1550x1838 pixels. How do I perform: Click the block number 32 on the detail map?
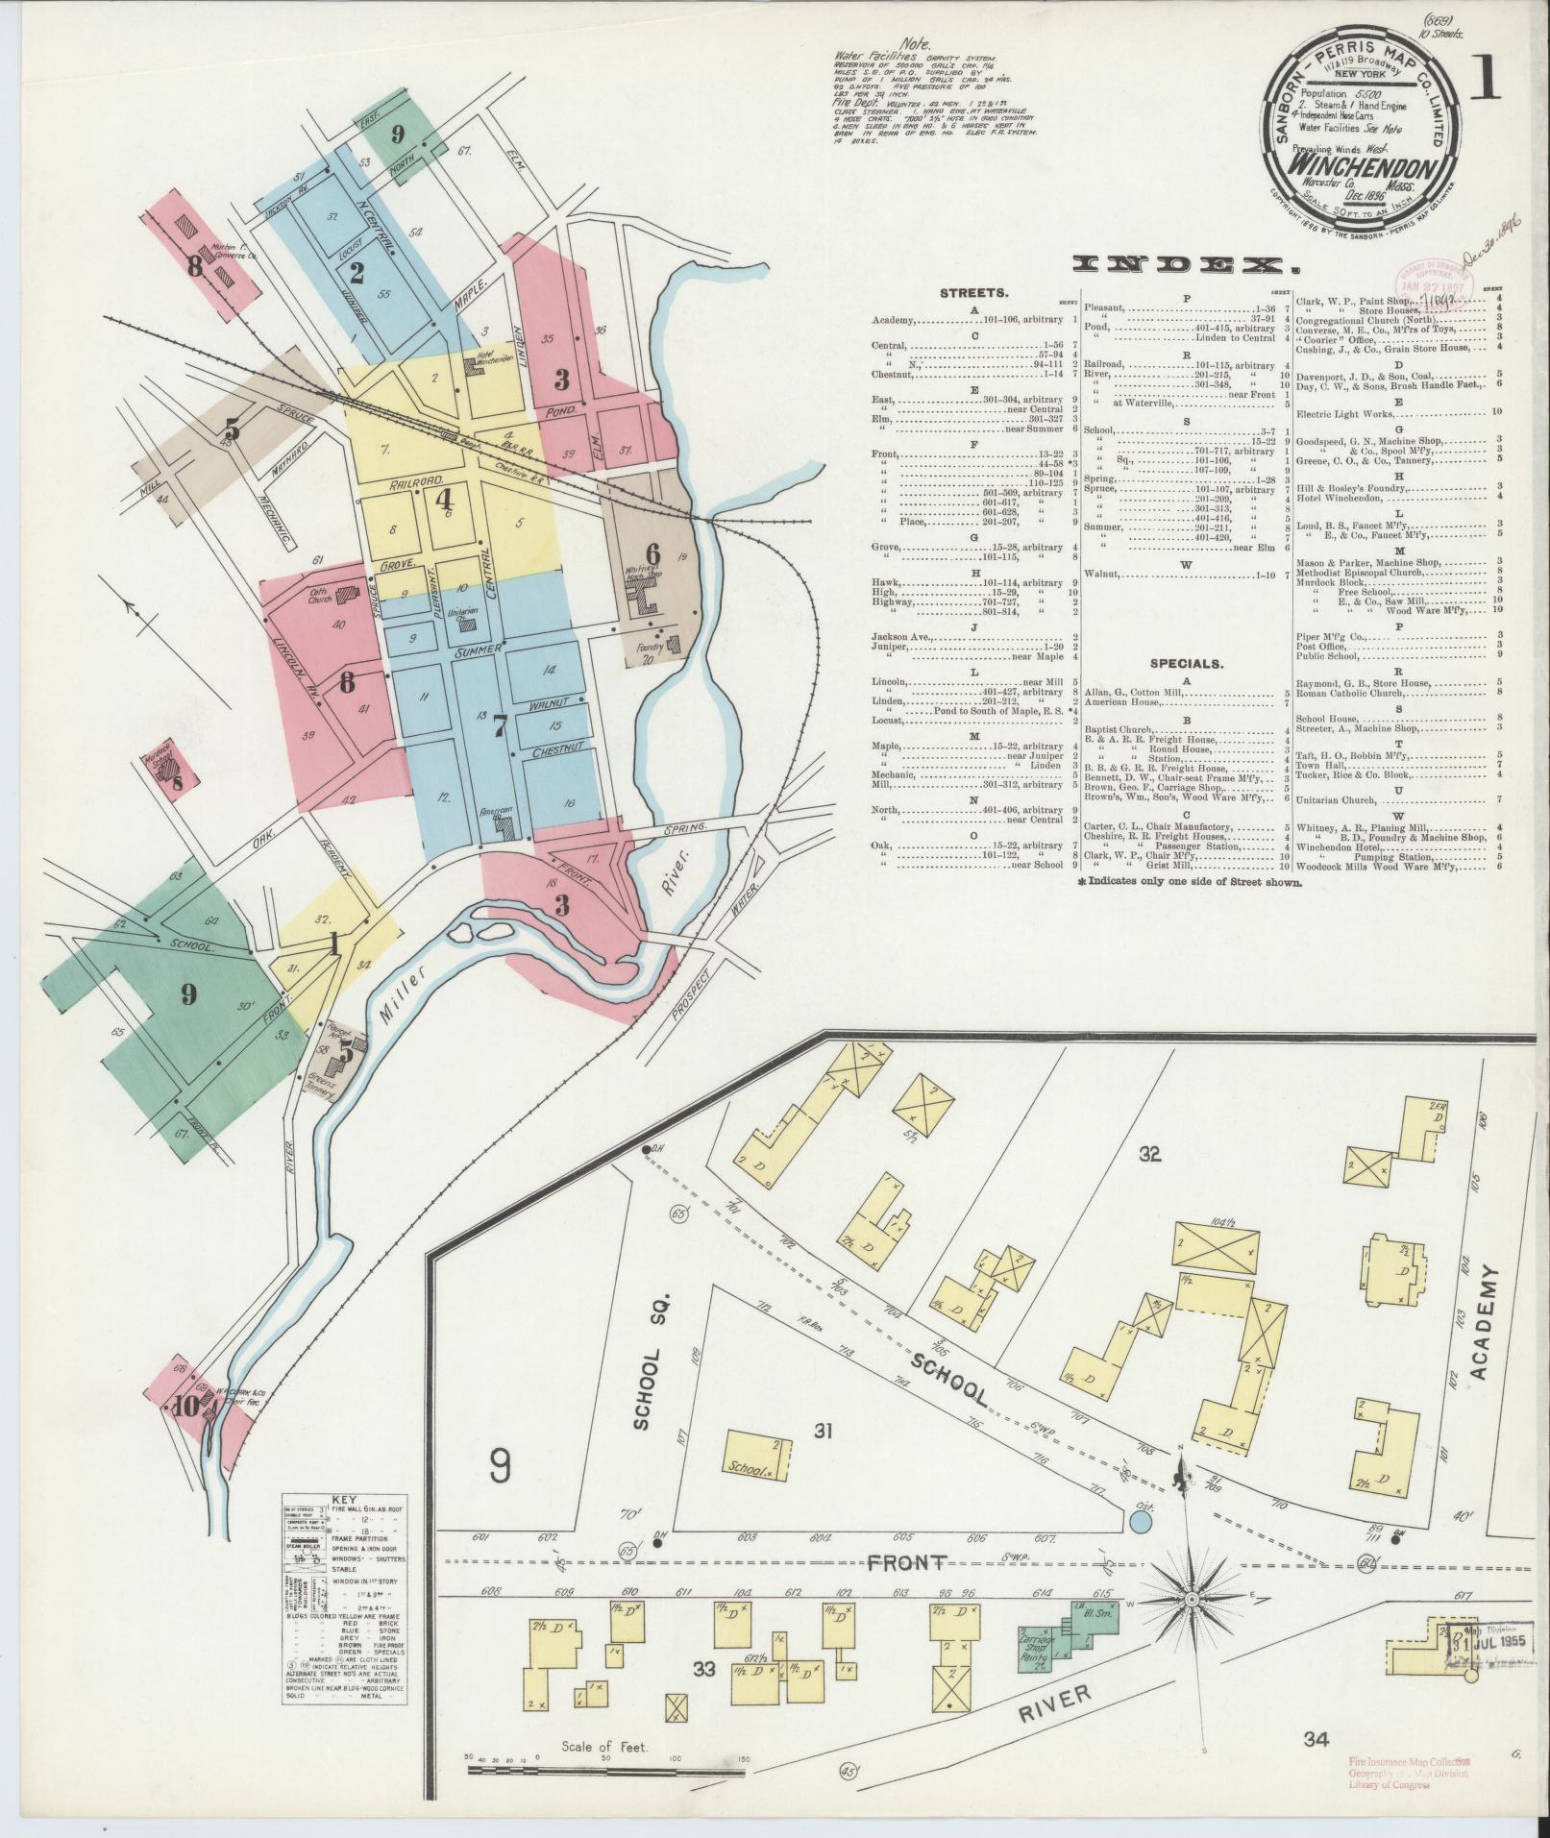tap(1150, 1155)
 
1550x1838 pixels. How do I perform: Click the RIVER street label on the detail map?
tap(1053, 1699)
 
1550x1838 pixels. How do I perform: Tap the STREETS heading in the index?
tap(973, 295)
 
